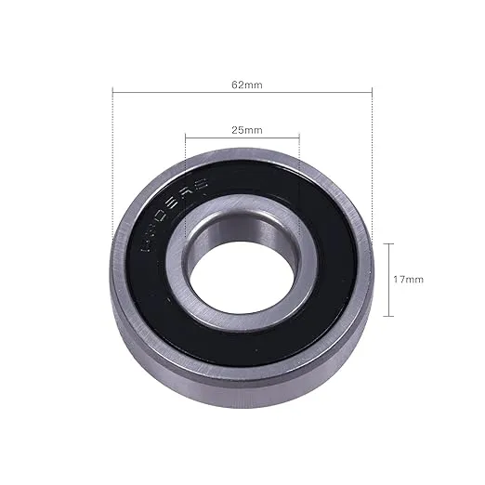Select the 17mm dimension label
pos(409,279)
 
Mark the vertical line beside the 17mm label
pos(387,279)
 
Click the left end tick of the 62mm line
pos(112,91)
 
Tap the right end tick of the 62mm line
pos(372,91)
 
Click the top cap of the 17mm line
pos(387,243)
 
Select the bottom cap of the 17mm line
pos(387,314)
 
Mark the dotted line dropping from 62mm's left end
pos(112,167)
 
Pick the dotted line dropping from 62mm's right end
pos(372,167)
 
